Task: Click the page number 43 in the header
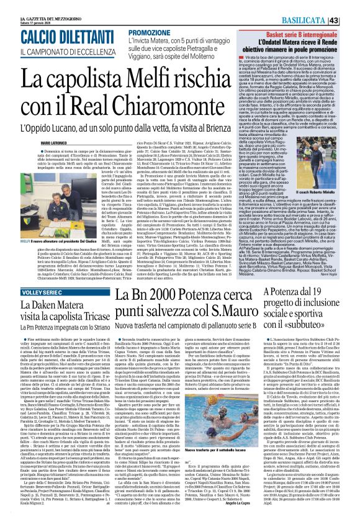pyautogui.click(x=351, y=5)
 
